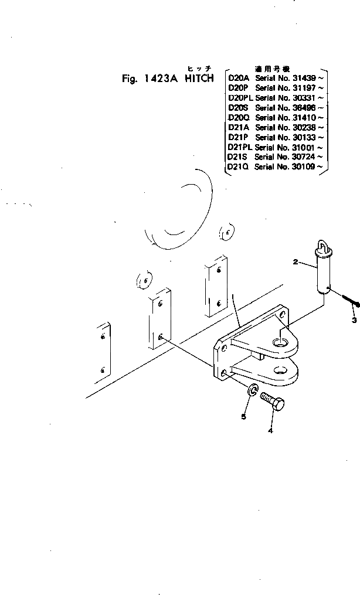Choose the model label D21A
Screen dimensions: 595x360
[x=238, y=128]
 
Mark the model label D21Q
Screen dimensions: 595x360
[x=238, y=167]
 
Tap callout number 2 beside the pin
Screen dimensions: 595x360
[x=296, y=263]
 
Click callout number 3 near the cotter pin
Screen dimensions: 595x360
[x=354, y=320]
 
